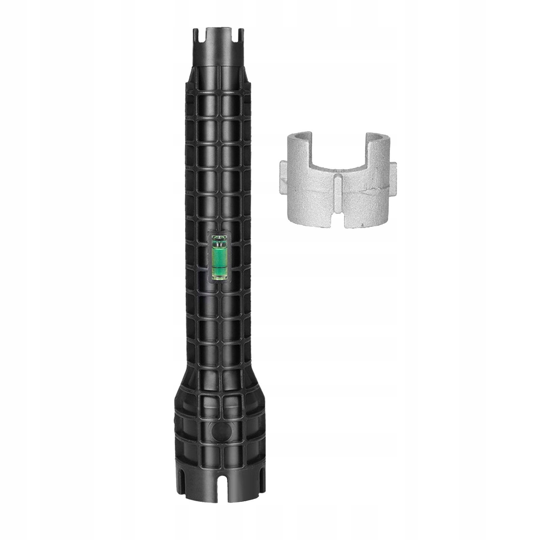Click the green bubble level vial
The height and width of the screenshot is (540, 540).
(x=220, y=257)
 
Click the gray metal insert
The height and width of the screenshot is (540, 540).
(x=337, y=196)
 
